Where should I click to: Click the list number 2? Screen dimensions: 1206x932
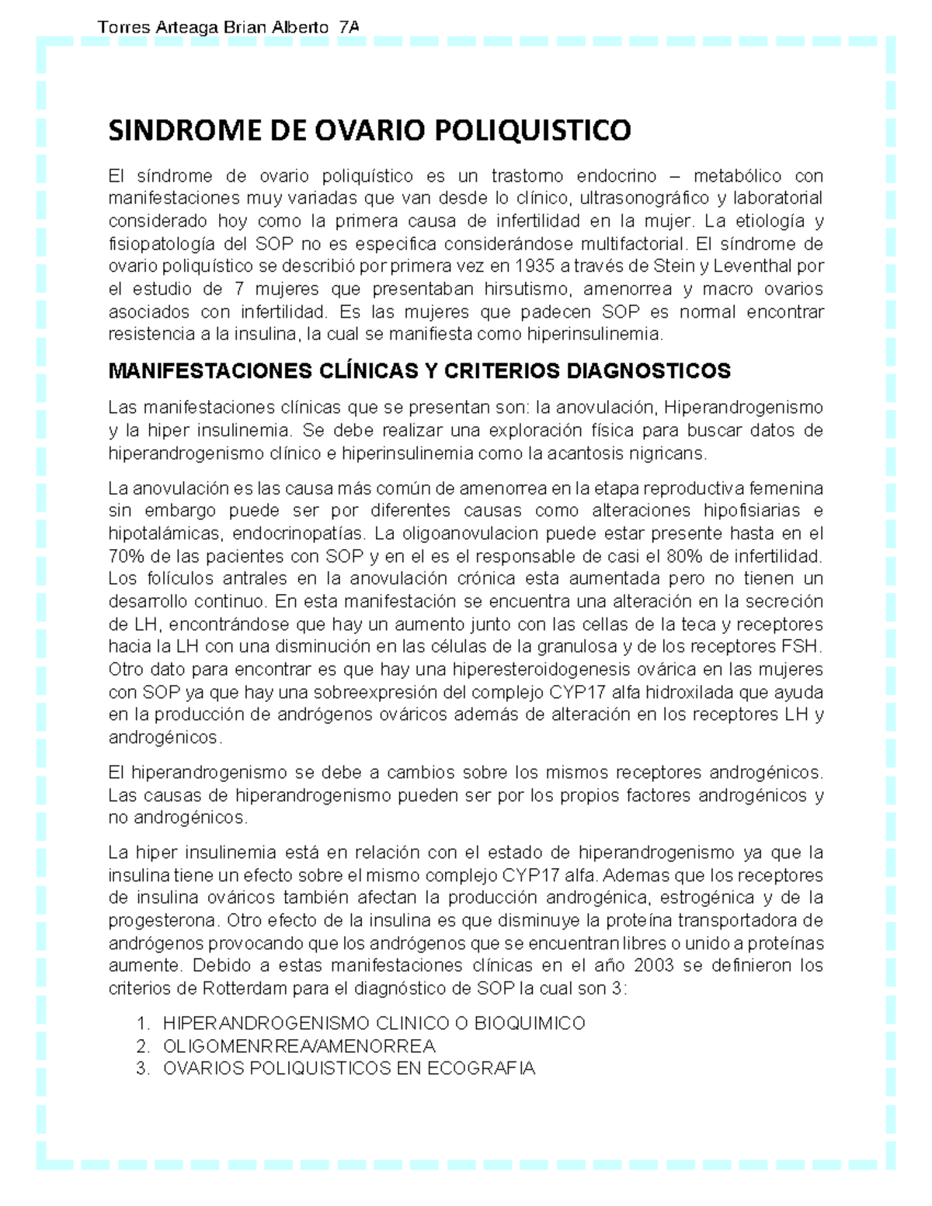[141, 1046]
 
